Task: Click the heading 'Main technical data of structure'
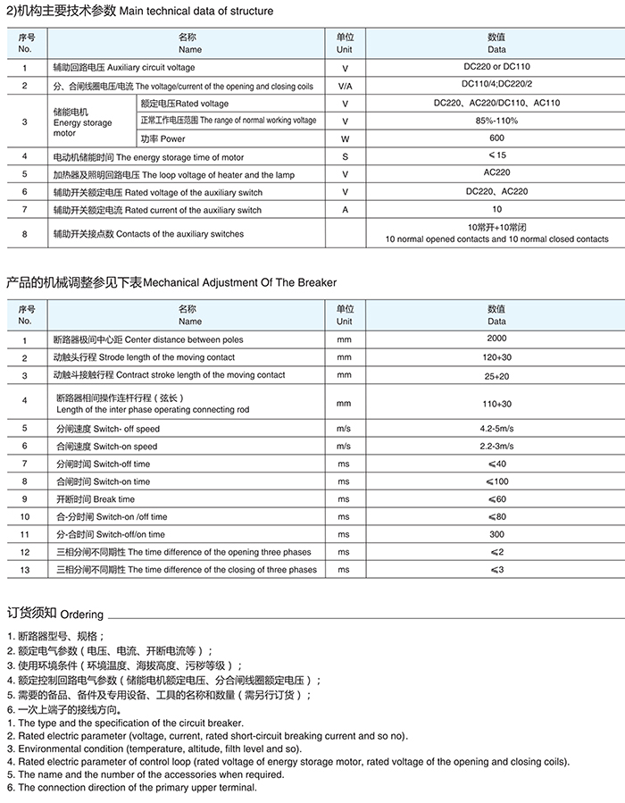(195, 11)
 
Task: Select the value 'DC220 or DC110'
(496, 67)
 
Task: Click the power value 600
(496, 138)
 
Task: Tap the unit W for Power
(345, 139)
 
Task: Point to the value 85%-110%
(496, 121)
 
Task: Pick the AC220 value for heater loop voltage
(496, 174)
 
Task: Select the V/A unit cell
(345, 86)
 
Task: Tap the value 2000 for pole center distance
(496, 339)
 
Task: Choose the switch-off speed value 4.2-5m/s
(496, 429)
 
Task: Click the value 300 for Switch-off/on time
(496, 534)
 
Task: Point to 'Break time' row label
(94, 499)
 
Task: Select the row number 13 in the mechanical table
(25, 570)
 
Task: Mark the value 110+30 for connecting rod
(496, 403)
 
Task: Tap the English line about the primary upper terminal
(131, 787)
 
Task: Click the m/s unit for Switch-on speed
(345, 447)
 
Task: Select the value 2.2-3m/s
(496, 446)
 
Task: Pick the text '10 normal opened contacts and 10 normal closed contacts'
(496, 239)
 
